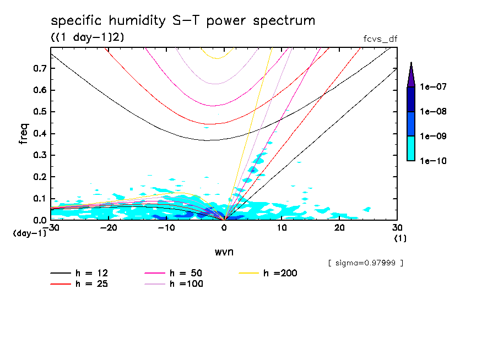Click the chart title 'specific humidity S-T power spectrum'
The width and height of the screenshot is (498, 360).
183,21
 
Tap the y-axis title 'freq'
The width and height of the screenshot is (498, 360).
23,134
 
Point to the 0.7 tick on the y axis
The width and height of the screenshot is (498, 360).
40,68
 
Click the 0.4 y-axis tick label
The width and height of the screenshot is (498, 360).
40,134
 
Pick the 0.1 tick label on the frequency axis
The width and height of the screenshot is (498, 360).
40,199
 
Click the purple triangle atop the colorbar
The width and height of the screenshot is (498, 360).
410,74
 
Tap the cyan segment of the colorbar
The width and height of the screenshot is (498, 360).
410,148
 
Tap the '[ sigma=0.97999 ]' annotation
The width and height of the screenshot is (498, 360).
365,263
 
